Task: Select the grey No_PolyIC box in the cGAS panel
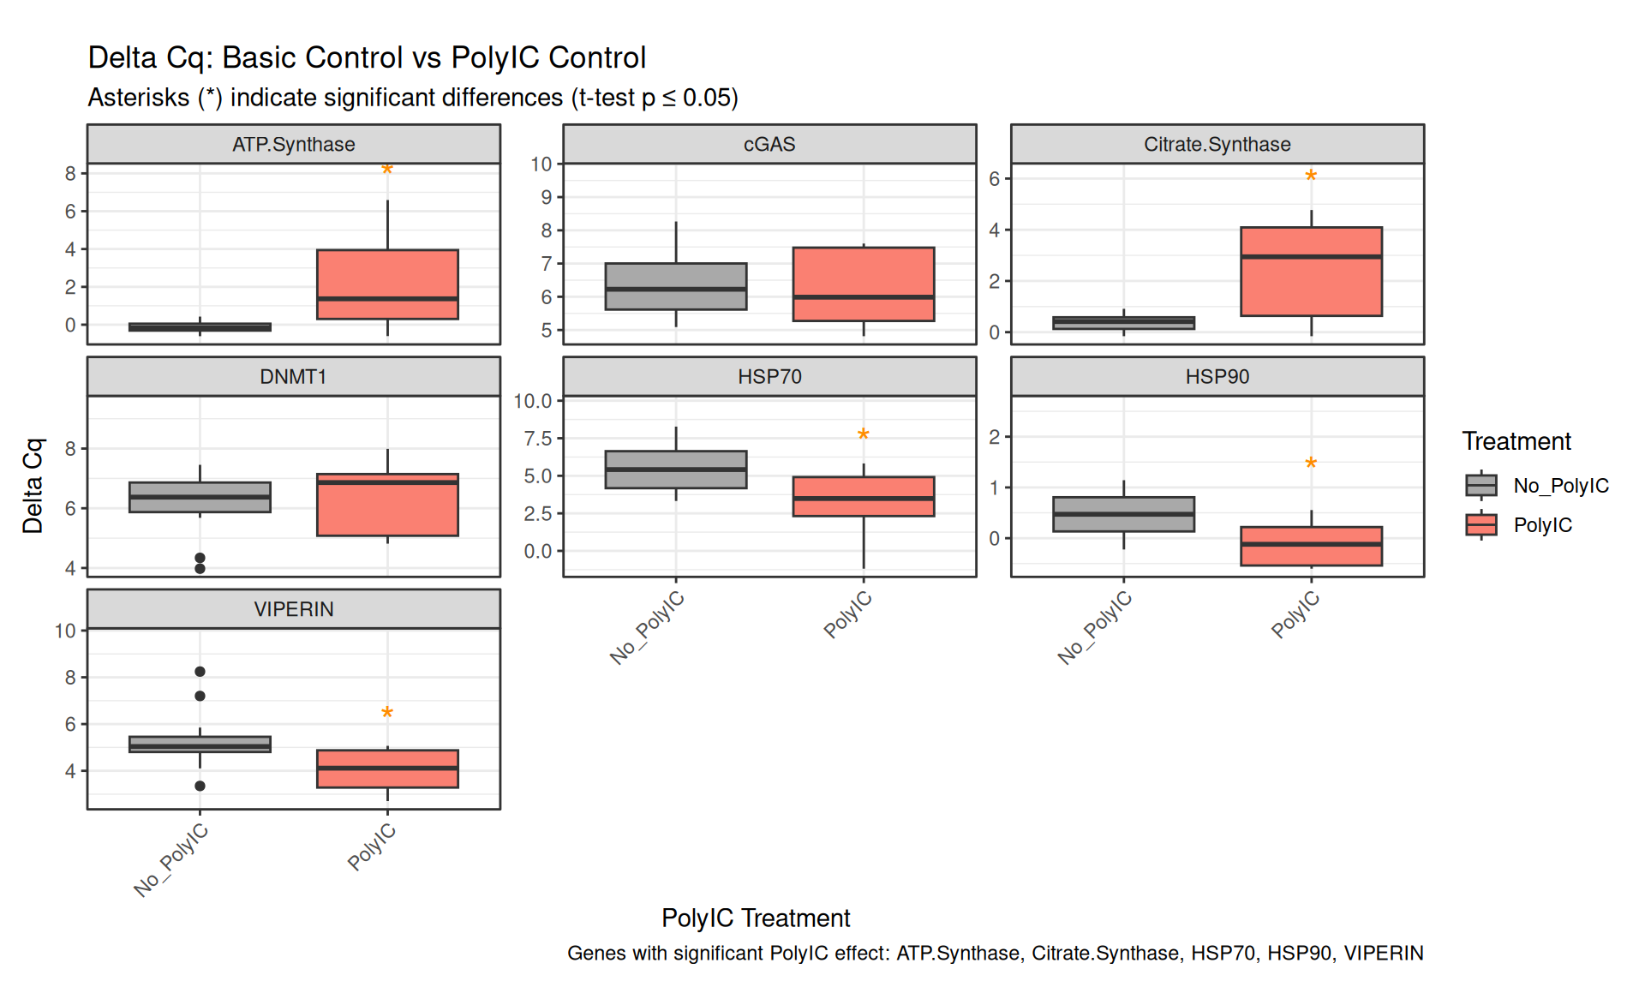tap(675, 286)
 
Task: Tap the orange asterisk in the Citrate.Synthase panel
tap(1311, 176)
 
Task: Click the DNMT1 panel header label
tap(293, 377)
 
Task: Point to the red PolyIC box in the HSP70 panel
tap(863, 496)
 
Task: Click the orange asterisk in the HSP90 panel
tap(1311, 464)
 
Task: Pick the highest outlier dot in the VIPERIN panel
tap(200, 672)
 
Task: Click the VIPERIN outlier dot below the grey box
tap(200, 786)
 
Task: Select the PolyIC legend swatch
tap(1481, 524)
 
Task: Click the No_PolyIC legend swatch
tap(1481, 486)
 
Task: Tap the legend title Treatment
tap(1516, 441)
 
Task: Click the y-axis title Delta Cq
tap(33, 486)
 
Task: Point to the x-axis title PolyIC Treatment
tap(756, 918)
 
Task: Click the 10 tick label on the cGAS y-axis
tap(541, 164)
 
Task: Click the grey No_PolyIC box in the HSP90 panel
tap(1123, 514)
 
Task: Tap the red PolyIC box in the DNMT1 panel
tap(387, 505)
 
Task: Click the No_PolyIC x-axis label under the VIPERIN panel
tap(171, 859)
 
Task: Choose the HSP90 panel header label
tap(1217, 377)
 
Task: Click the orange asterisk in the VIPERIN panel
tap(387, 713)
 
